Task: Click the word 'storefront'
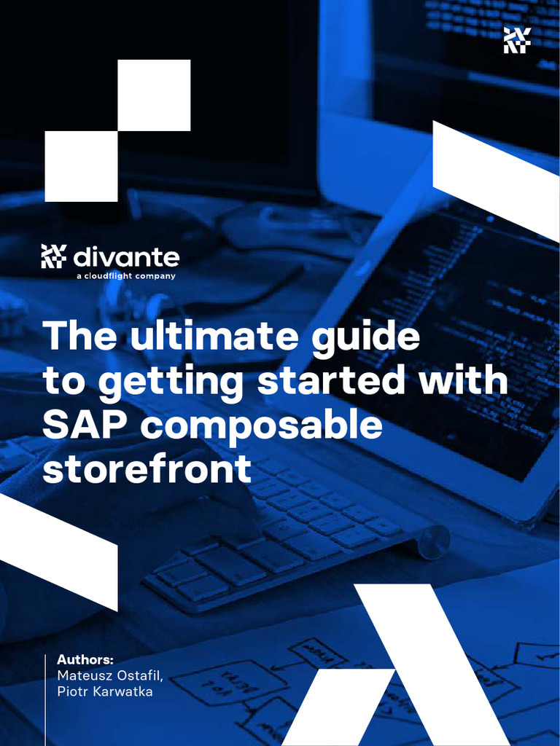[147, 470]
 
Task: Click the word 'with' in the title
[464, 381]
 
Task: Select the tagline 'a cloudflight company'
[125, 276]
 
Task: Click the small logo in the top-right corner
[517, 40]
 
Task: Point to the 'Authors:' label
[85, 659]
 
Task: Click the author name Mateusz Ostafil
[110, 675]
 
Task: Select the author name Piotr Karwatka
[105, 691]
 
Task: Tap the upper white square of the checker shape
[154, 95]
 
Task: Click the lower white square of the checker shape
[81, 166]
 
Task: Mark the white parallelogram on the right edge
[496, 179]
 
